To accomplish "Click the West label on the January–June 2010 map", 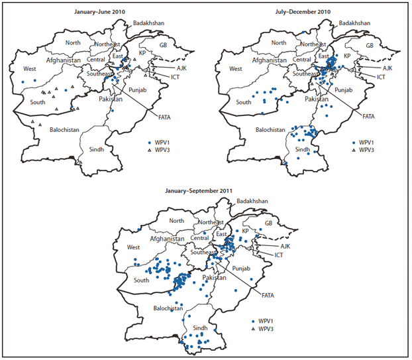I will tap(30, 68).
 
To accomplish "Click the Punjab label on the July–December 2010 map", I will tap(344, 90).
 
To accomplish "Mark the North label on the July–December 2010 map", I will tap(279, 43).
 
